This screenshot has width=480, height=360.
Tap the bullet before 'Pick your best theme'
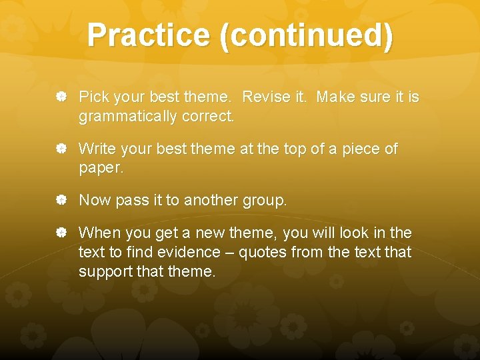click(61, 97)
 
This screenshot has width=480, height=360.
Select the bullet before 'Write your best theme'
click(61, 149)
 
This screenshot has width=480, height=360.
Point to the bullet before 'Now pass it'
click(61, 200)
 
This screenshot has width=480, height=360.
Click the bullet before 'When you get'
click(61, 233)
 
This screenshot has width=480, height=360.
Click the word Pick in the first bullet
click(93, 97)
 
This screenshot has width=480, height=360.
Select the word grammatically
click(125, 117)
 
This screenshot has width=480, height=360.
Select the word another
click(209, 200)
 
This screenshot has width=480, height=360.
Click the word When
click(98, 233)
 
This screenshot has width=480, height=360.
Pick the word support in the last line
click(103, 271)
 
